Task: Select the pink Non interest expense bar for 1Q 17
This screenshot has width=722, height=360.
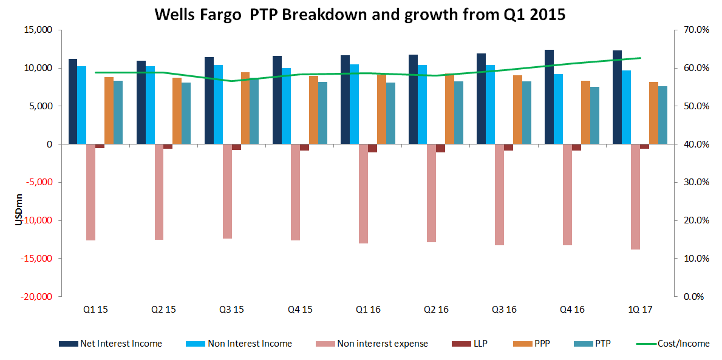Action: pos(635,197)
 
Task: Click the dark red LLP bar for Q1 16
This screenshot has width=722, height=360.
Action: pos(372,148)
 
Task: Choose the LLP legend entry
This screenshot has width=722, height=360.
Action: pos(480,344)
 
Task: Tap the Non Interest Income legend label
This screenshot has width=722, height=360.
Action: pos(250,344)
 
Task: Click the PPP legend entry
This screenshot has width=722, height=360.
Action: pos(542,344)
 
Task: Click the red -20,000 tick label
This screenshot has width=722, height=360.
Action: pos(38,296)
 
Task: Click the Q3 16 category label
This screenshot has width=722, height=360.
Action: pos(504,310)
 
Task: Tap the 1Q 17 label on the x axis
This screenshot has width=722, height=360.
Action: pos(640,310)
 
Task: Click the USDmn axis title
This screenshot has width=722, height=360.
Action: pos(19,213)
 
